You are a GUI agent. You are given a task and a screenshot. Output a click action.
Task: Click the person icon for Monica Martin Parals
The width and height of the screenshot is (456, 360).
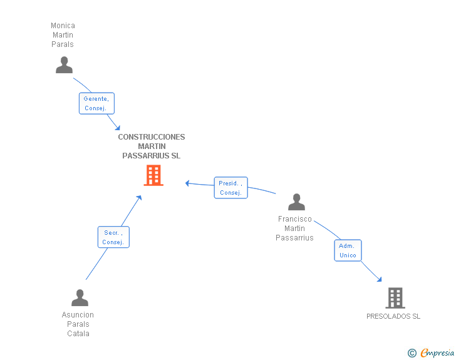click(x=64, y=65)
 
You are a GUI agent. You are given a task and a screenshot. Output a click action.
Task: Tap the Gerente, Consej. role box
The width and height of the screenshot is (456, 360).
click(x=96, y=103)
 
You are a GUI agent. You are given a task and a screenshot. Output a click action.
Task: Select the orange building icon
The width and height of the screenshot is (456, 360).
click(x=153, y=175)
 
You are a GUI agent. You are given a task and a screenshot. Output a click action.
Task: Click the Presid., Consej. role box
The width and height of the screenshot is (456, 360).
click(x=231, y=188)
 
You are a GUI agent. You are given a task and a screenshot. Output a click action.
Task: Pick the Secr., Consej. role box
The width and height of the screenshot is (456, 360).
click(x=113, y=237)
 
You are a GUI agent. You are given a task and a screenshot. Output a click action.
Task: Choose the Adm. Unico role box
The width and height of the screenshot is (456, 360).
click(x=348, y=250)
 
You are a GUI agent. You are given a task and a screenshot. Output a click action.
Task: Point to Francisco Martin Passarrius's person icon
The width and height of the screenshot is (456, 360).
click(x=296, y=202)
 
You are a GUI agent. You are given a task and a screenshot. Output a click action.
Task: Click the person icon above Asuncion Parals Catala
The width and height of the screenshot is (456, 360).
click(x=80, y=297)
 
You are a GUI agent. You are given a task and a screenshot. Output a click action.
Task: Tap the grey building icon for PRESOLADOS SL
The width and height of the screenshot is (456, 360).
click(x=395, y=298)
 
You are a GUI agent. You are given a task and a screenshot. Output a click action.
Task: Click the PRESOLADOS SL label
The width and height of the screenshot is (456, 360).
click(x=393, y=316)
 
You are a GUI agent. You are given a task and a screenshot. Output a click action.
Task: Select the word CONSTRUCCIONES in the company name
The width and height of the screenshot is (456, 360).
click(x=152, y=137)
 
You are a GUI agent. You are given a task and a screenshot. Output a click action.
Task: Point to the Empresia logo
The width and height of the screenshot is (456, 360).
click(x=437, y=352)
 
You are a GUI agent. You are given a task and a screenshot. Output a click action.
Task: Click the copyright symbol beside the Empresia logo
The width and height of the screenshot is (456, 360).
click(x=412, y=353)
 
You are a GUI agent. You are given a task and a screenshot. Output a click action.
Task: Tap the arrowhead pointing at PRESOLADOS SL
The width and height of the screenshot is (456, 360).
click(x=379, y=279)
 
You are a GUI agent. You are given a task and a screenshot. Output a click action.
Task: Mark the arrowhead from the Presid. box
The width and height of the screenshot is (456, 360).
click(x=187, y=183)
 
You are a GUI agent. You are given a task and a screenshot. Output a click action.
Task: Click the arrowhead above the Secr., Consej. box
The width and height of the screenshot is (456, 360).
click(x=139, y=198)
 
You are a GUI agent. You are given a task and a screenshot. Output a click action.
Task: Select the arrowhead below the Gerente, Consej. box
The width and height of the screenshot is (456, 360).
click(x=118, y=128)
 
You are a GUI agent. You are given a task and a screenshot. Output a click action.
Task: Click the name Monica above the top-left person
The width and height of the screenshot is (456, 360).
click(x=63, y=26)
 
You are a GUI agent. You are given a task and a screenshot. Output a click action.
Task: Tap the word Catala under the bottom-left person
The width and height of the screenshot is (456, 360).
click(x=78, y=334)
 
